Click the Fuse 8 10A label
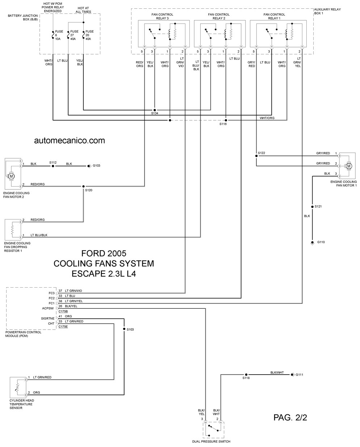pyautogui.click(x=59, y=35)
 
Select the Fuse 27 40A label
pyautogui.click(x=74, y=35)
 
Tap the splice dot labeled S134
pyautogui.click(x=155, y=110)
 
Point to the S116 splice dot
pyautogui.click(x=226, y=120)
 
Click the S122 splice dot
pyautogui.click(x=256, y=156)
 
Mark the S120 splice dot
pyautogui.click(x=83, y=186)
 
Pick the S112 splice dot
pyautogui.click(x=53, y=166)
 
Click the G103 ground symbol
pyautogui.click(x=89, y=166)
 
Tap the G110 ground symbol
pyautogui.click(x=312, y=243)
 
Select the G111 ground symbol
pyautogui.click(x=292, y=375)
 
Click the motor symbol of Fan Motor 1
pyautogui.click(x=349, y=166)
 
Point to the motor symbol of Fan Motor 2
pyautogui.click(x=11, y=176)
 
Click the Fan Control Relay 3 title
pyautogui.click(x=162, y=16)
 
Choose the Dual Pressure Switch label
pyautogui.click(x=211, y=442)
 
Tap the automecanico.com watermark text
pyautogui.click(x=70, y=141)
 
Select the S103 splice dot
pyautogui.click(x=124, y=329)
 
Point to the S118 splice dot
pyautogui.click(x=246, y=375)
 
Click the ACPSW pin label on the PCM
pyautogui.click(x=48, y=308)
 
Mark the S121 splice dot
pyautogui.click(x=312, y=207)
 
